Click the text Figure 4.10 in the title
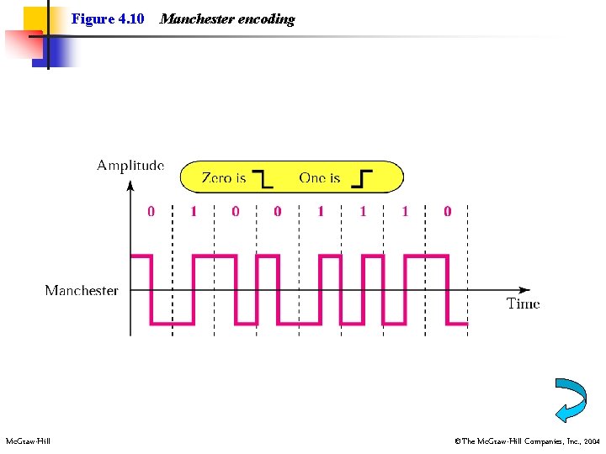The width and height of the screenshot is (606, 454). (108, 18)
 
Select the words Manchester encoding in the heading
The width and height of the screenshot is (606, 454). (227, 18)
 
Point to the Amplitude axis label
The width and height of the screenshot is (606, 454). (130, 166)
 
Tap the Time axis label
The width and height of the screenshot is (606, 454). (523, 304)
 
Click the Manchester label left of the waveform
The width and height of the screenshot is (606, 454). (82, 290)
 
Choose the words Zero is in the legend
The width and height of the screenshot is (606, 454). (224, 177)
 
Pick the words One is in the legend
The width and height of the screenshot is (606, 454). (320, 177)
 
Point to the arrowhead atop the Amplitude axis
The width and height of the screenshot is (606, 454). (130, 185)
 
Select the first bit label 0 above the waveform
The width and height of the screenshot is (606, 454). (151, 212)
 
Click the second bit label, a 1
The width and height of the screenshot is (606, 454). (194, 212)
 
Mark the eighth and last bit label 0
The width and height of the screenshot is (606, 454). (447, 212)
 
